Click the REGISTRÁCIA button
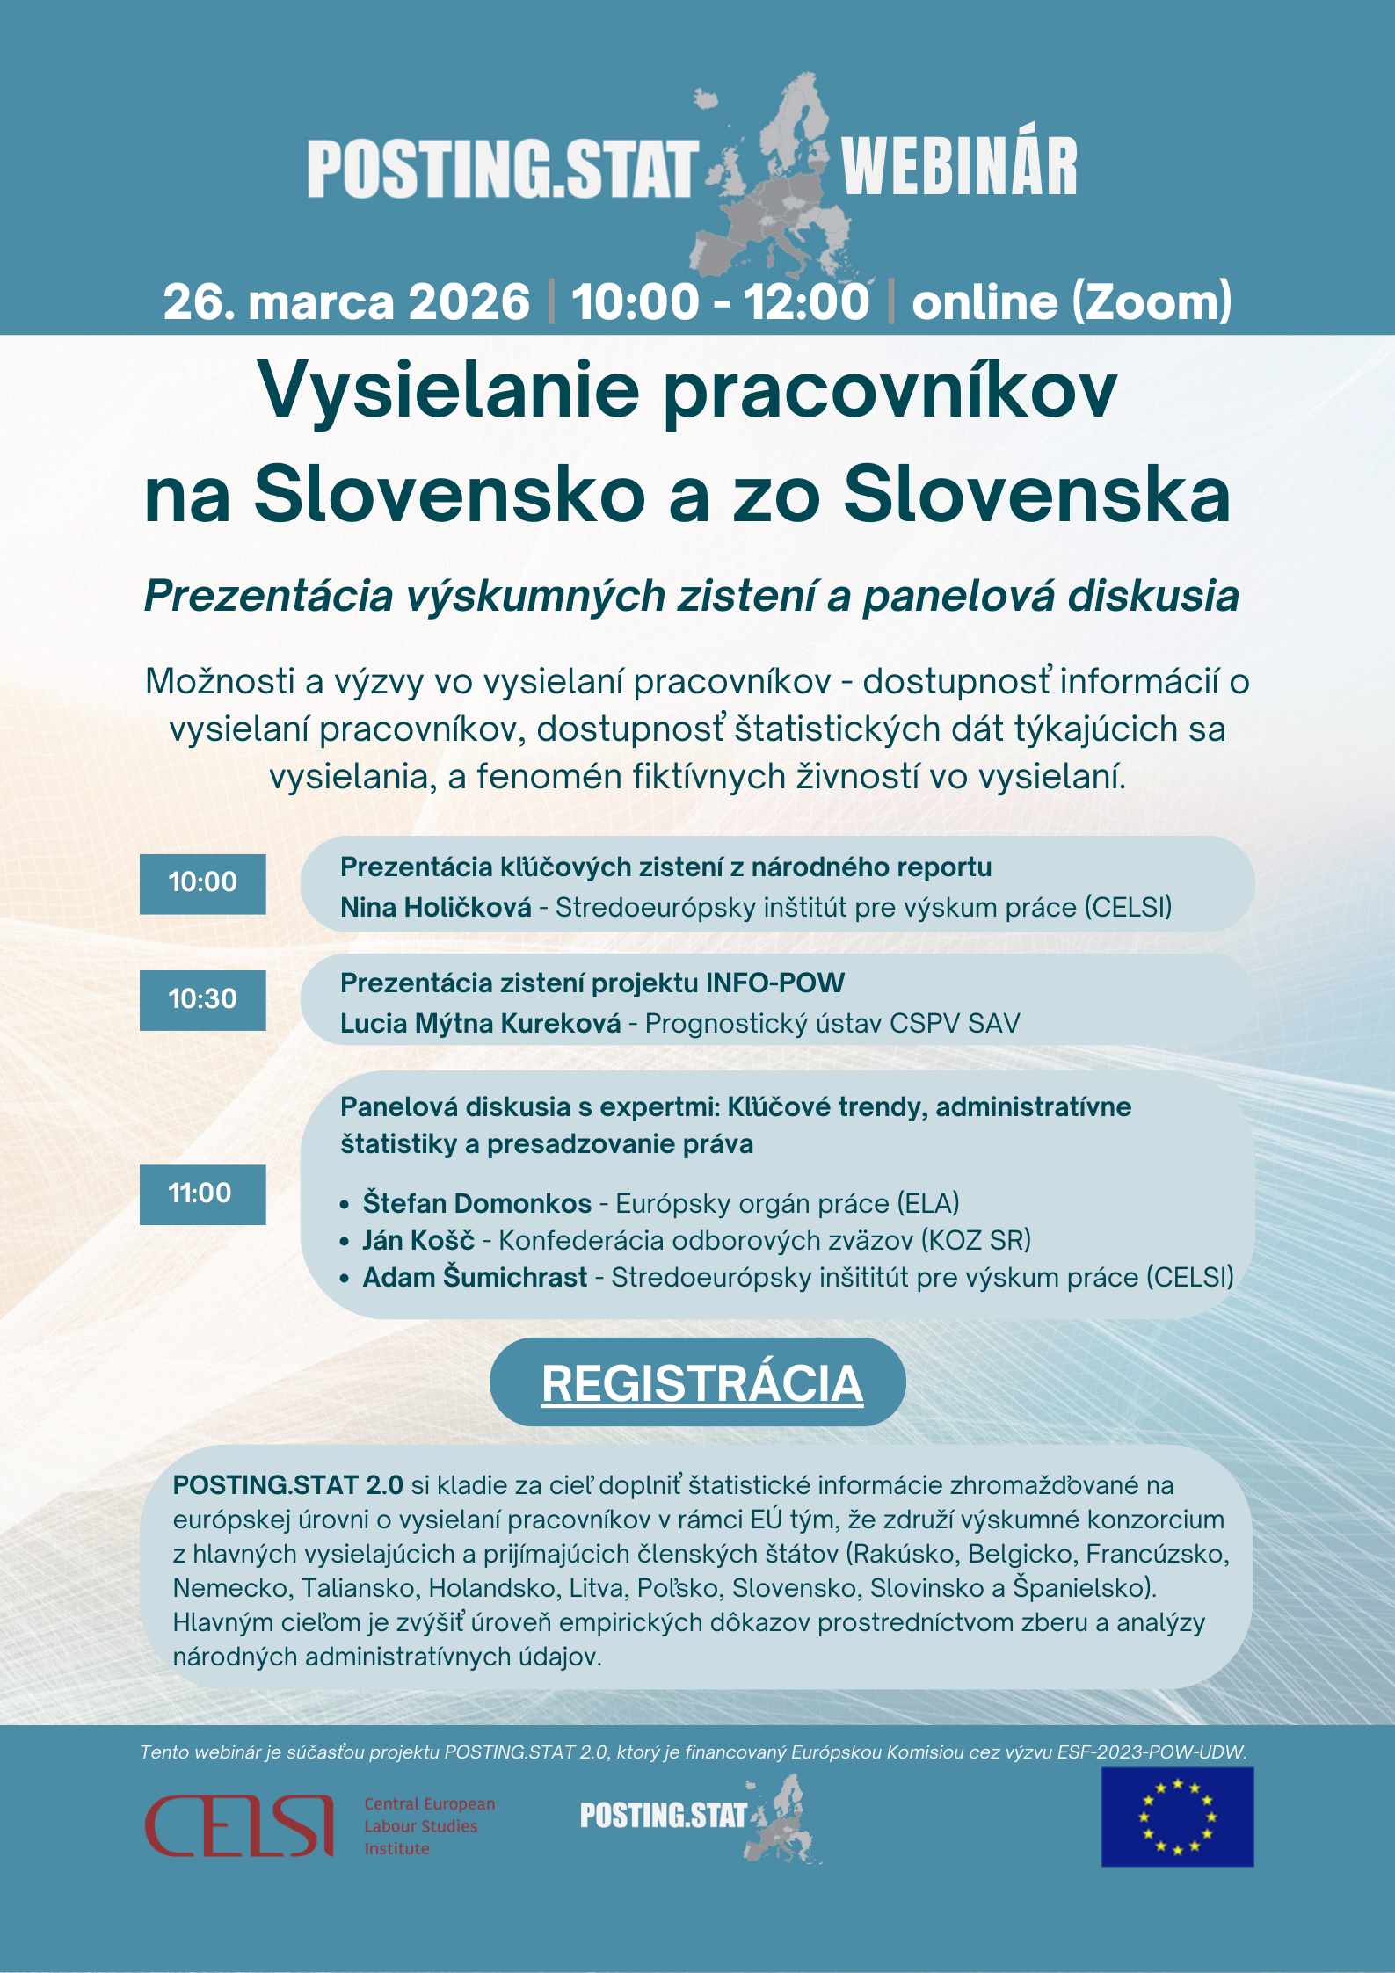pos(701,1383)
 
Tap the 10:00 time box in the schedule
pos(202,882)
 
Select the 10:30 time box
pos(202,999)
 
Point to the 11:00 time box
pos(202,1193)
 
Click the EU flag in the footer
pos(1176,1817)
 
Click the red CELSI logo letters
pos(239,1824)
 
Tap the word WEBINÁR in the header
pos(958,167)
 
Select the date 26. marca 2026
pos(346,302)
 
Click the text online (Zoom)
pos(1072,302)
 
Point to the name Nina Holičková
pos(435,907)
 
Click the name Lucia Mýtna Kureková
pos(480,1023)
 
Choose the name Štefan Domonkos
pos(477,1203)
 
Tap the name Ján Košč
pos(418,1240)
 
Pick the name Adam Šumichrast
pos(475,1277)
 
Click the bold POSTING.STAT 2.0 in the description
pos(287,1485)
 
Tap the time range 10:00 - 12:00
pos(720,302)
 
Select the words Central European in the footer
pos(429,1803)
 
